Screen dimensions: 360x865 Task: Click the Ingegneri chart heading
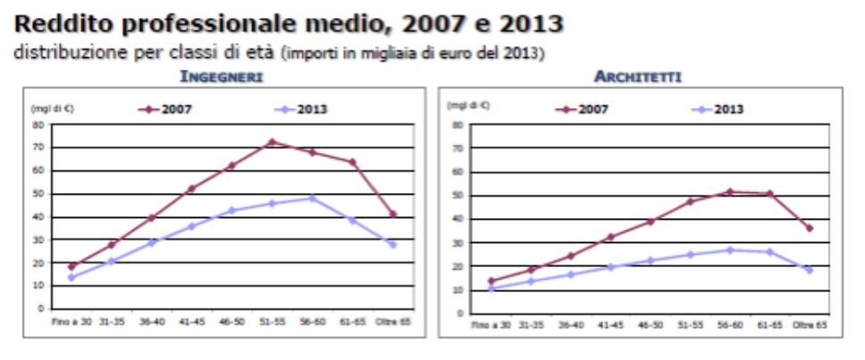pyautogui.click(x=221, y=77)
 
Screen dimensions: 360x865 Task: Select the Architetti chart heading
pyautogui.click(x=637, y=77)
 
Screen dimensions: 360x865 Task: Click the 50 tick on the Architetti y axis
pyautogui.click(x=458, y=195)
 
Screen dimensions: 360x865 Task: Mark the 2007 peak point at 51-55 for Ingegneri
pyautogui.click(x=270, y=142)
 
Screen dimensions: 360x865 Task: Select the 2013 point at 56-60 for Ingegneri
pyautogui.click(x=311, y=197)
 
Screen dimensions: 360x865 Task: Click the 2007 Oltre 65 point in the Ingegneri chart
pyautogui.click(x=392, y=213)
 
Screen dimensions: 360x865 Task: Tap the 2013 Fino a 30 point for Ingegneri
pyautogui.click(x=71, y=277)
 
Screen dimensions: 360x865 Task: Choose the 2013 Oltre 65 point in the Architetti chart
pyautogui.click(x=810, y=270)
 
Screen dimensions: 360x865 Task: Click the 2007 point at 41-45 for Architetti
pyautogui.click(x=610, y=237)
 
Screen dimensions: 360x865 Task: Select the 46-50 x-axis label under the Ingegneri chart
pyautogui.click(x=231, y=318)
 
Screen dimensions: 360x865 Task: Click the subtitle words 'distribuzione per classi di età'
pyautogui.click(x=142, y=53)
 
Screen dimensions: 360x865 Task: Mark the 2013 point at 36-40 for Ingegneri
pyautogui.click(x=152, y=242)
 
